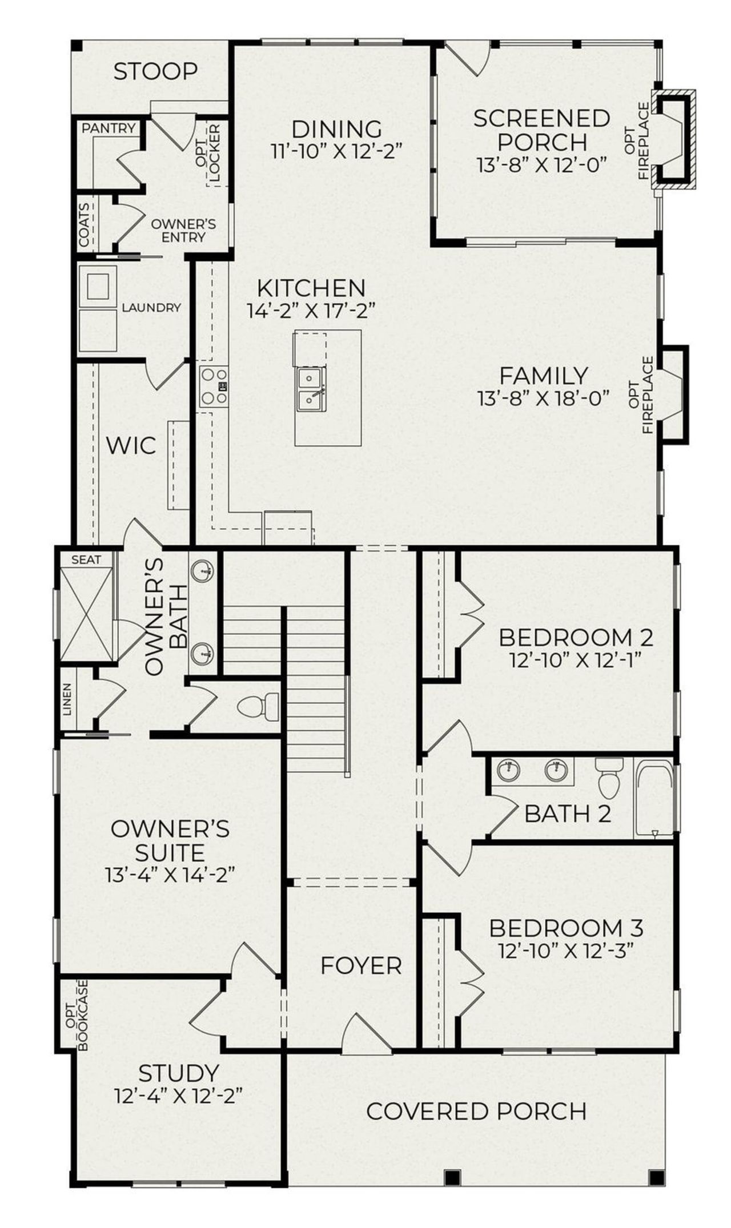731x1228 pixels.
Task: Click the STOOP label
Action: pyautogui.click(x=155, y=72)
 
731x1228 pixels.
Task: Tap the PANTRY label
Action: pyautogui.click(x=109, y=128)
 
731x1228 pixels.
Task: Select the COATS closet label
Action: pyautogui.click(x=85, y=225)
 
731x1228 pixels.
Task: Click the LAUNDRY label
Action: pyautogui.click(x=151, y=308)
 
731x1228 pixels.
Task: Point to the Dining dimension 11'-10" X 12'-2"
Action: pyautogui.click(x=337, y=152)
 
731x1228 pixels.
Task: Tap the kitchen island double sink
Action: pyautogui.click(x=311, y=388)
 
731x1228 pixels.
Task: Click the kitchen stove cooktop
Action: pyautogui.click(x=214, y=386)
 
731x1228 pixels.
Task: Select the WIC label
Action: pyautogui.click(x=131, y=446)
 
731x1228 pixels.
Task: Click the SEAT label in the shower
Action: pyautogui.click(x=86, y=560)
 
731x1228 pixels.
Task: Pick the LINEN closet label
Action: pyautogui.click(x=68, y=699)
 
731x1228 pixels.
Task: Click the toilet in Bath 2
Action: pyautogui.click(x=608, y=778)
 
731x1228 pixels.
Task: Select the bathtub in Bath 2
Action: pyautogui.click(x=654, y=799)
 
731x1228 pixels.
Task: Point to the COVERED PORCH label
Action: pyautogui.click(x=476, y=1112)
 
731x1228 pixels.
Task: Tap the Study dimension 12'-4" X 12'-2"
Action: pyautogui.click(x=179, y=1096)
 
